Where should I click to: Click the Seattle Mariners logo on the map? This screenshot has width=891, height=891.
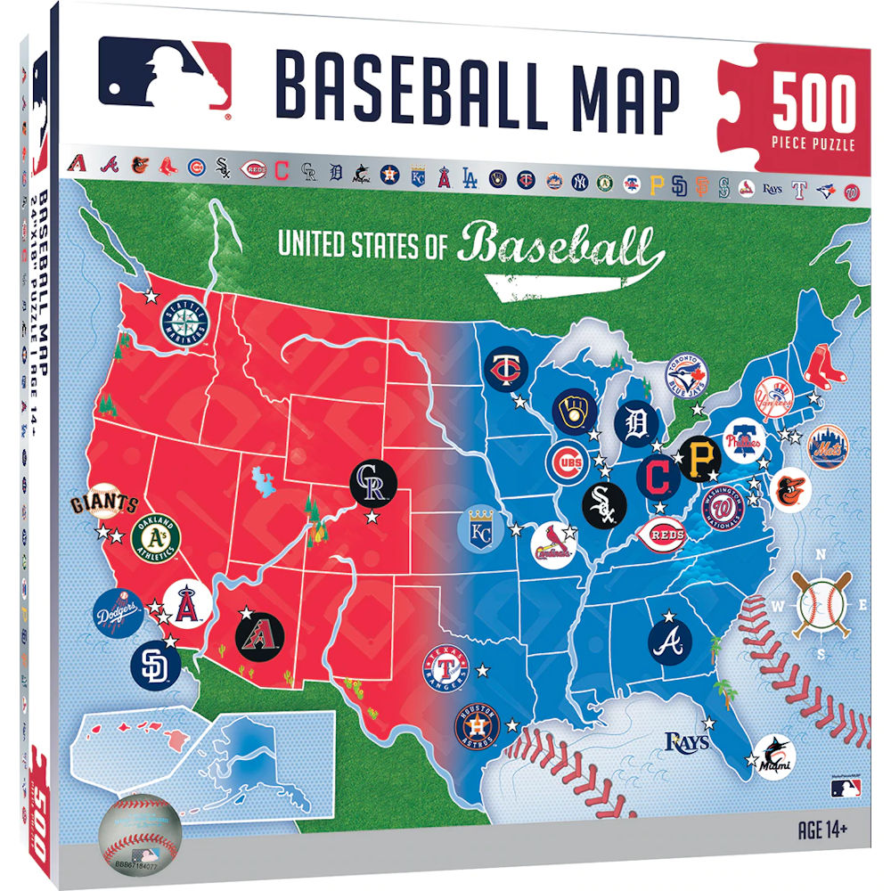click(184, 321)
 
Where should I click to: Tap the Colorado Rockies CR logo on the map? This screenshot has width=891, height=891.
click(370, 484)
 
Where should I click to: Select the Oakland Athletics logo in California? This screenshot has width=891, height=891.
click(157, 537)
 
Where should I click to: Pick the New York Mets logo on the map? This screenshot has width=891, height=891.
click(828, 447)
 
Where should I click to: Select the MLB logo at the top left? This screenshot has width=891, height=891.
click(165, 77)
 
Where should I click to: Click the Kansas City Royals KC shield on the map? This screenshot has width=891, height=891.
click(480, 529)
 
